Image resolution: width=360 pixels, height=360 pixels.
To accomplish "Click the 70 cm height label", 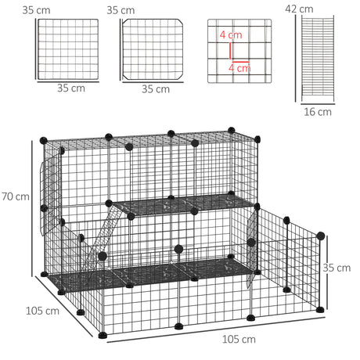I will pyautogui.click(x=15, y=196).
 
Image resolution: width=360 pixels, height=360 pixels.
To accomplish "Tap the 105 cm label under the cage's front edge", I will pyautogui.click(x=238, y=339).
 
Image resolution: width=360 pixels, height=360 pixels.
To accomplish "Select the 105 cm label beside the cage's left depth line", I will pyautogui.click(x=41, y=311).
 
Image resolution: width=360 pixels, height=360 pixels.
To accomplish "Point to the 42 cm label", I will pyautogui.click(x=299, y=9).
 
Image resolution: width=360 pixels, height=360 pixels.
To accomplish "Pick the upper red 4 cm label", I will pyautogui.click(x=231, y=36).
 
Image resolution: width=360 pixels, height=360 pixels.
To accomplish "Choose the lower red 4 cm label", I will pyautogui.click(x=238, y=68).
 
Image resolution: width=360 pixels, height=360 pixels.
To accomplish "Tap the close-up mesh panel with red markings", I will pyautogui.click(x=239, y=51).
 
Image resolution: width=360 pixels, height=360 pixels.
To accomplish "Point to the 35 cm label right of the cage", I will pyautogui.click(x=338, y=268).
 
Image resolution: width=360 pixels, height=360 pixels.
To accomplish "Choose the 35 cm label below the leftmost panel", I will pyautogui.click(x=71, y=88).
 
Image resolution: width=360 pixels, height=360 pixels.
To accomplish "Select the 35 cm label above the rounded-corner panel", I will pyautogui.click(x=120, y=11).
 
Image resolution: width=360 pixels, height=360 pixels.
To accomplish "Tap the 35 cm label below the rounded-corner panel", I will pyautogui.click(x=156, y=88).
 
